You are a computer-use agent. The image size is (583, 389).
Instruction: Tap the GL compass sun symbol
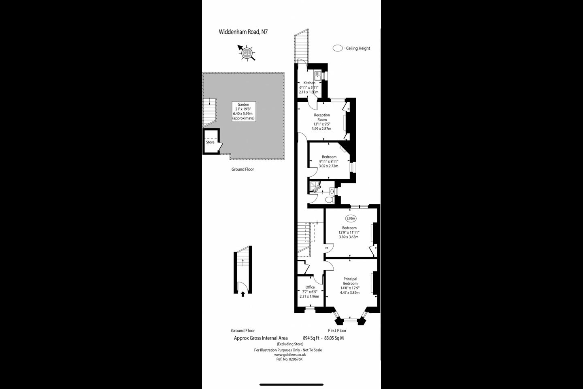click(246, 53)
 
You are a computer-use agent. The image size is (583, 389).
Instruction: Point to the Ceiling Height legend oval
click(338, 48)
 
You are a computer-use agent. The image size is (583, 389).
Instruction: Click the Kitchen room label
click(309, 83)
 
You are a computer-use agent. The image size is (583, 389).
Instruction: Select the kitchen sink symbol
click(317, 75)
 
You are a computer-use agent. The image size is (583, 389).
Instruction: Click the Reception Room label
click(322, 117)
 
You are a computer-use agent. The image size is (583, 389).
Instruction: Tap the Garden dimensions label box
click(243, 111)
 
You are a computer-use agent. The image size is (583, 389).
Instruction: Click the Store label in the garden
click(210, 142)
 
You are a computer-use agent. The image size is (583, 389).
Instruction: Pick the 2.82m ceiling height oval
click(351, 218)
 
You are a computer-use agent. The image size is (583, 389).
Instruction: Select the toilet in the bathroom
click(330, 200)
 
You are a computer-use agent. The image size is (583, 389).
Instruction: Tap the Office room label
click(310, 287)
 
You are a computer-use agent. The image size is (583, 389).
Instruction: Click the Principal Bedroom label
click(350, 281)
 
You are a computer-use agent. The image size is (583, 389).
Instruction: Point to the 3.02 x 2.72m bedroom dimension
click(328, 166)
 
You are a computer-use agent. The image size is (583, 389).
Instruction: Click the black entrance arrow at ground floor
click(243, 294)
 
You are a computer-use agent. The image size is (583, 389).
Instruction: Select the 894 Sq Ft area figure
click(311, 338)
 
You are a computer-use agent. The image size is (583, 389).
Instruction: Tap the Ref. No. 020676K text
click(289, 359)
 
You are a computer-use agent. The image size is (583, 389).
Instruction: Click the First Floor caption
click(337, 331)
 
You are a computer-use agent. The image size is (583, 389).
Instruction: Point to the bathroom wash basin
click(332, 192)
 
